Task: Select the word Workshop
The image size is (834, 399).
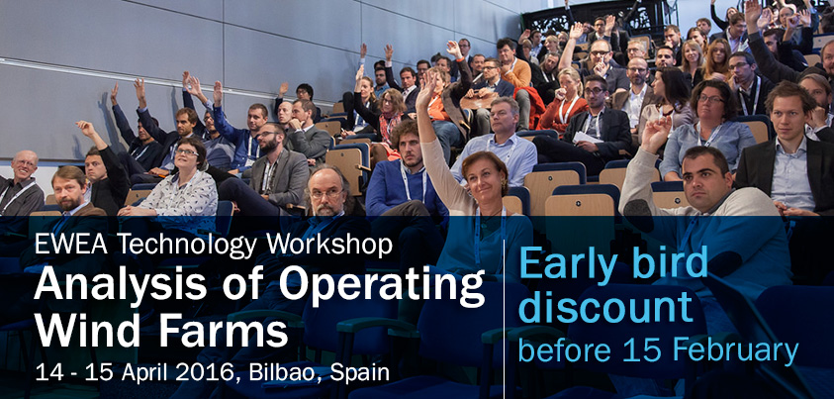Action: (329, 247)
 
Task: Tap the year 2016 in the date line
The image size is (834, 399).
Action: (206, 372)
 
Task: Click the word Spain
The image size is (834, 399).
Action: (360, 373)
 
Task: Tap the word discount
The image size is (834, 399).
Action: (605, 307)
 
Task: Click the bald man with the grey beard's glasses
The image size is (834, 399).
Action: (326, 193)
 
